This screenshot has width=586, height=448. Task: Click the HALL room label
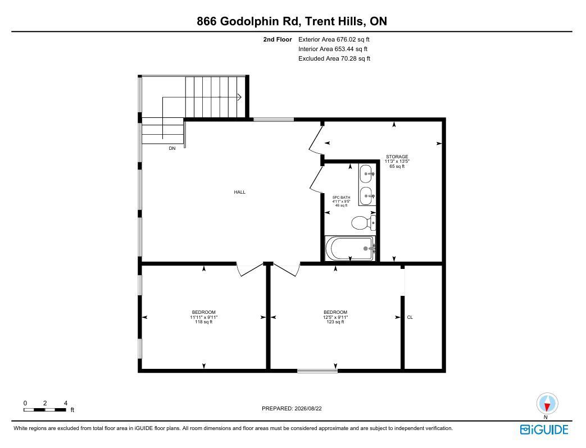239,192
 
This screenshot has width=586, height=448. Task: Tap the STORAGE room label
397,157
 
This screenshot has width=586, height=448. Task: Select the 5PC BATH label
341,198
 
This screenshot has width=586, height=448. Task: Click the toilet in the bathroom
364,223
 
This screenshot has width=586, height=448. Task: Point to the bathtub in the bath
350,248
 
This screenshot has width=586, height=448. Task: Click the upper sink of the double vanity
366,174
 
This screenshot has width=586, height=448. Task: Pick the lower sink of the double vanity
366,195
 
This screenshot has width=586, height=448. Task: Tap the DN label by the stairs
172,148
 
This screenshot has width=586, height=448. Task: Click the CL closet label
410,317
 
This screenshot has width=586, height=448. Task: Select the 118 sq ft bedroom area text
204,322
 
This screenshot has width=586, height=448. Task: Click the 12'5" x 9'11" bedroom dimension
335,317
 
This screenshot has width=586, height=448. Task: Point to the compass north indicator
547,404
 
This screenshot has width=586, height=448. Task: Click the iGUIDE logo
544,429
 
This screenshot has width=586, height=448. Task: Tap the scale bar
45,410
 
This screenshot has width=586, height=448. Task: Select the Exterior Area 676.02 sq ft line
334,39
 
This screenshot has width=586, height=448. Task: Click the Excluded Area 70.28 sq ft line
334,58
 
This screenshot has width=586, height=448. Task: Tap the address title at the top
292,21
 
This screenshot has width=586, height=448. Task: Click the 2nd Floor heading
278,39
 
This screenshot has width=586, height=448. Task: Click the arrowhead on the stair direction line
239,98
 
